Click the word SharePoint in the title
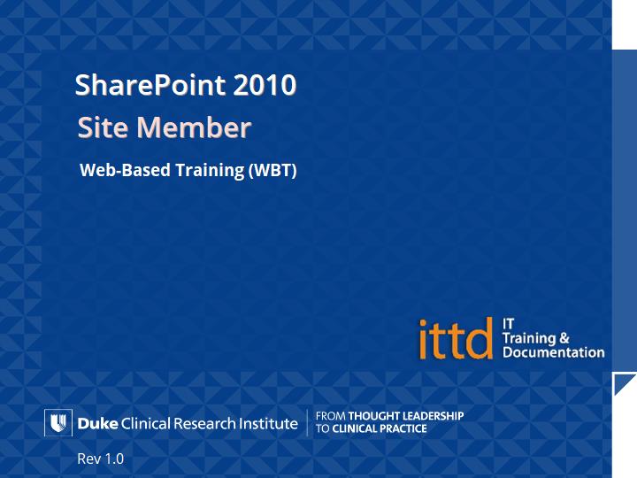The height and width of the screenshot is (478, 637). pos(150,85)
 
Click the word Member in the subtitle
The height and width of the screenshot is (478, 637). pos(194,127)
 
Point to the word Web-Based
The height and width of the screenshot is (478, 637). pos(125,170)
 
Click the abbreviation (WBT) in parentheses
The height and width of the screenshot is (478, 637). pos(272,170)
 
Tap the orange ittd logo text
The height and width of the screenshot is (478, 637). pos(456,339)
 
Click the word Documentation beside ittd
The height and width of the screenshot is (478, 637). pos(553,352)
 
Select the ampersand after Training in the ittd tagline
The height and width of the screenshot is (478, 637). pos(564,338)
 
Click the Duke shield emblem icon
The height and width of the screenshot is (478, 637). pos(58,423)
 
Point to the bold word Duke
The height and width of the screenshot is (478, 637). pos(97,423)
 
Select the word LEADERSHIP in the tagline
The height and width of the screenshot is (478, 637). pos(433,416)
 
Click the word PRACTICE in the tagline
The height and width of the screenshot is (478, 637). pos(403,428)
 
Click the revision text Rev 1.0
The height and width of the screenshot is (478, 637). pos(100,459)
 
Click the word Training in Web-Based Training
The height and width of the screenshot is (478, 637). pos(210,170)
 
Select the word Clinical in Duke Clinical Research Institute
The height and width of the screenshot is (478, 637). pos(146,423)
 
